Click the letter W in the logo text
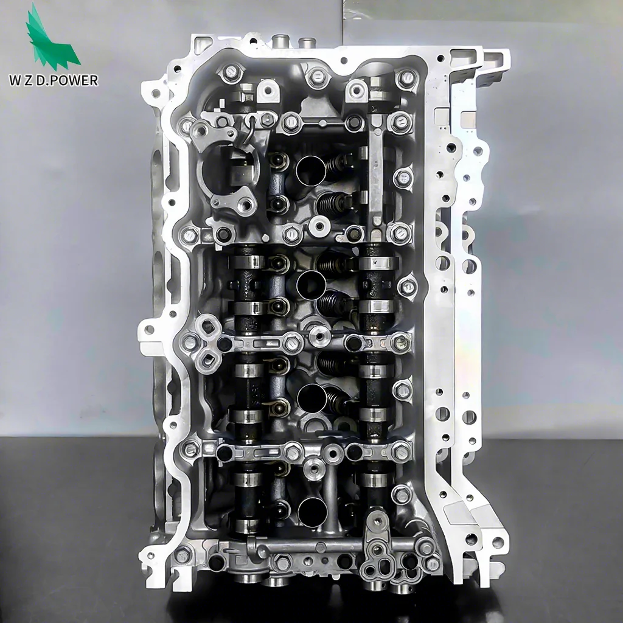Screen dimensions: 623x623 pos(31,80)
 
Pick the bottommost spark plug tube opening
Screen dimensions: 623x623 pos(312,510)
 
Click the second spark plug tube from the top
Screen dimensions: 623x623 pos(311,284)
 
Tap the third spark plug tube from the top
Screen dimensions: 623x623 pos(311,396)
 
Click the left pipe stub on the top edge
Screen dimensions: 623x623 pos(280,43)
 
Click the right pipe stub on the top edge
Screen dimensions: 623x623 pos(305,43)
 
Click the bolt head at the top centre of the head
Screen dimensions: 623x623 pos(317,77)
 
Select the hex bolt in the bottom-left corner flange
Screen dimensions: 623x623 pos(182,555)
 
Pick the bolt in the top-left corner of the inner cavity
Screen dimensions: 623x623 pos(230,73)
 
